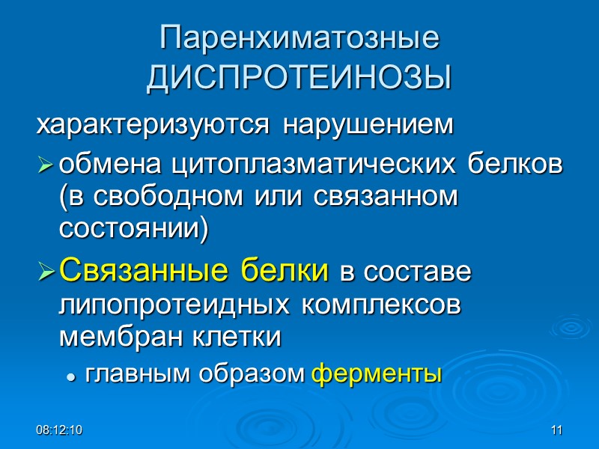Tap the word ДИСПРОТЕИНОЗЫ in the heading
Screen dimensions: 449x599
[299, 77]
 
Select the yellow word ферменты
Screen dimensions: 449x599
[376, 373]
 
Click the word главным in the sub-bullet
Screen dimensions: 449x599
[137, 373]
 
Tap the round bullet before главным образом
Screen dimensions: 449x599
[72, 376]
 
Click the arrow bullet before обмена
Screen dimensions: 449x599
[46, 165]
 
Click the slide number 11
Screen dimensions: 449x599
[556, 430]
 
